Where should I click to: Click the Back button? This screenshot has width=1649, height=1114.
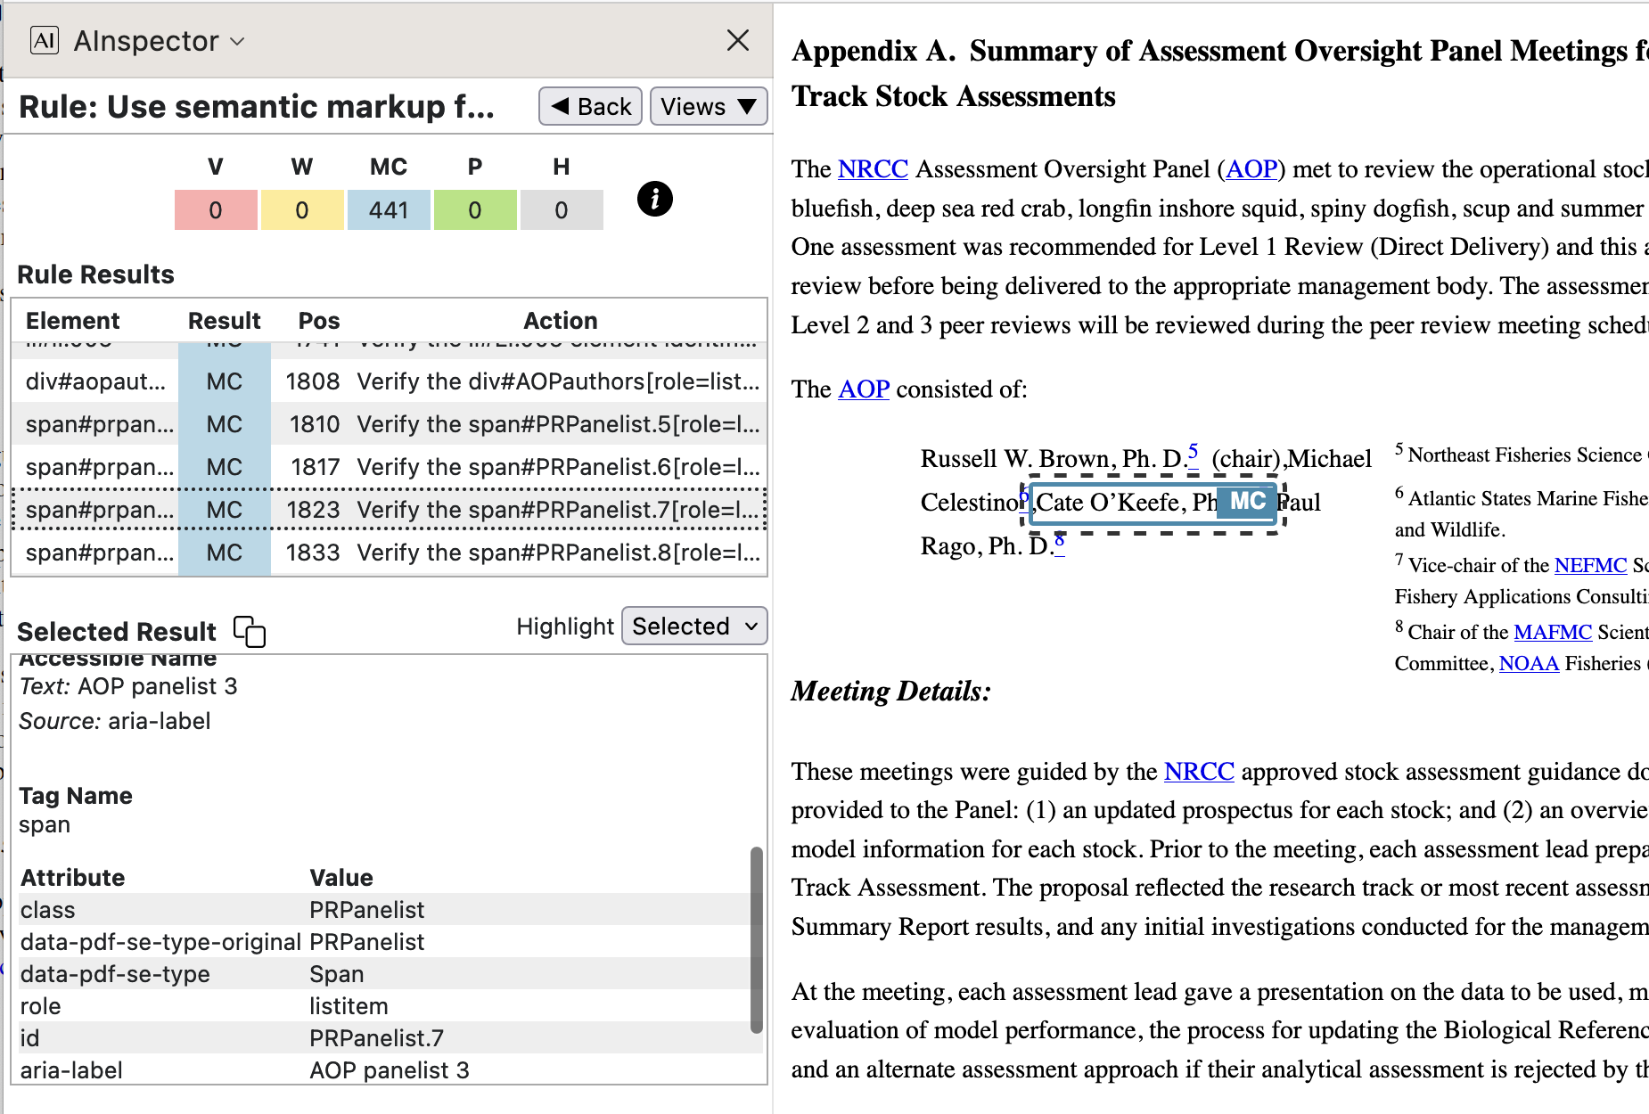tap(590, 107)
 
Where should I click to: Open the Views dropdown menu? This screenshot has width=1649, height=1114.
tap(709, 107)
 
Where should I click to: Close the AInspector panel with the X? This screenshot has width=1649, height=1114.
tap(737, 40)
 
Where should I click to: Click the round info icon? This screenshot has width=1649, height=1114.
tap(654, 199)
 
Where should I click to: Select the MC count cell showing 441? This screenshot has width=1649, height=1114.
tap(389, 210)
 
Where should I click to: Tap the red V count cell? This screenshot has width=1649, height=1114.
tap(216, 210)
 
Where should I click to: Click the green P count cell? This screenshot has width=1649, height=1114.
tap(475, 210)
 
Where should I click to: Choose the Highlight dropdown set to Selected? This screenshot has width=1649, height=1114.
tap(694, 627)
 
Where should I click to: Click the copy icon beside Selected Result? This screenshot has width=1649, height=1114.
tap(250, 631)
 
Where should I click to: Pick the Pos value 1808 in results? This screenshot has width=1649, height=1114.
tap(313, 381)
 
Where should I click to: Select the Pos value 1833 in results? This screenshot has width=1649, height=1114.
tap(313, 553)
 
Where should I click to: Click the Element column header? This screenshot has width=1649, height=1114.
tap(73, 321)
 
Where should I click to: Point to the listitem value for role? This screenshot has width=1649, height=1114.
tap(349, 1006)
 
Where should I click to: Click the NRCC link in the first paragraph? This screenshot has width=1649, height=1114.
tap(873, 169)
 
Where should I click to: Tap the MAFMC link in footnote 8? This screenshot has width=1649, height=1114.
tap(1552, 632)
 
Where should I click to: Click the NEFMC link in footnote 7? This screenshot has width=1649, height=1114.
tap(1590, 565)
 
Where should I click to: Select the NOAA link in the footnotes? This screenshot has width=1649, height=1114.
tap(1529, 663)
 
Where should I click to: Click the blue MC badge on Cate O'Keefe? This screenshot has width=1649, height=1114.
tap(1247, 502)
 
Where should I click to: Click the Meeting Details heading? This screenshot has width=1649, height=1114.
tap(890, 691)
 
